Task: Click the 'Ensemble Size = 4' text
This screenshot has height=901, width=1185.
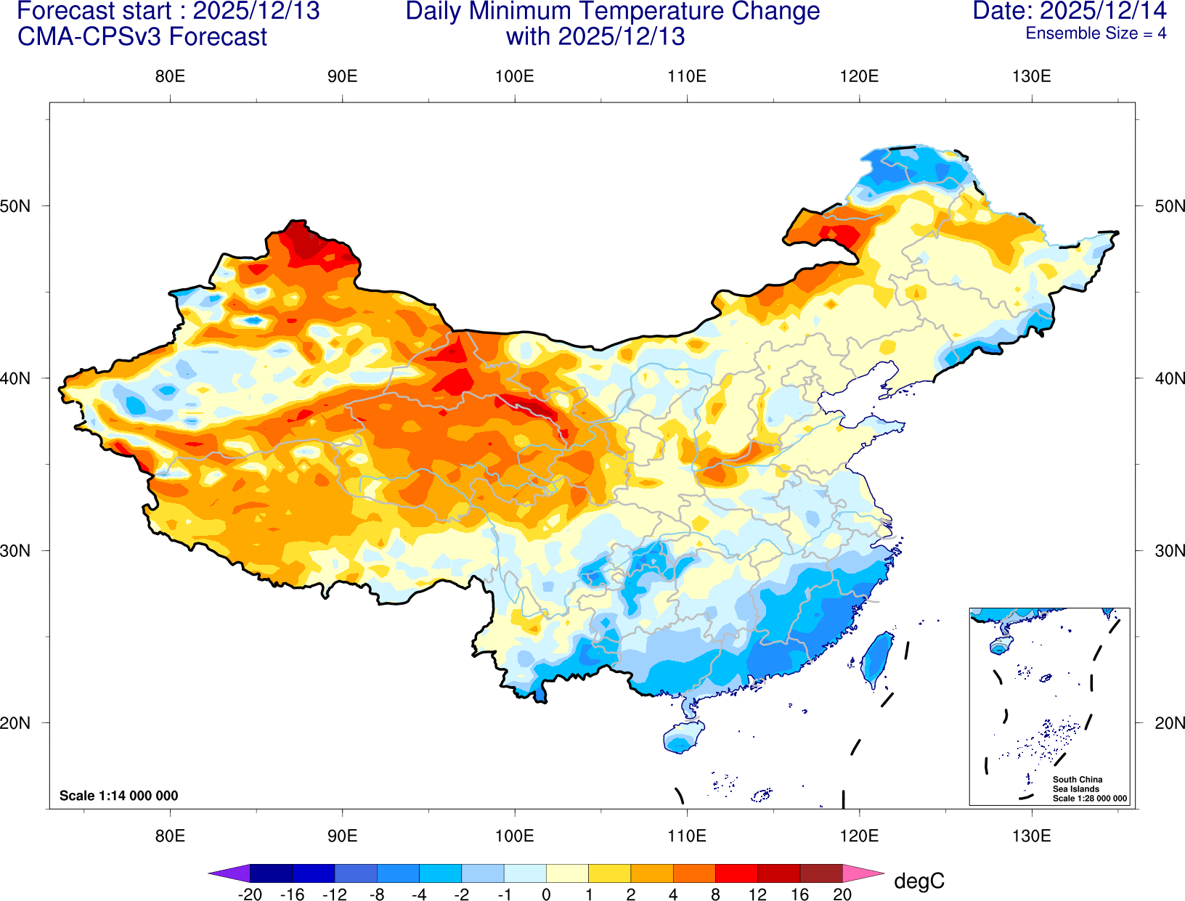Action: tap(1095, 33)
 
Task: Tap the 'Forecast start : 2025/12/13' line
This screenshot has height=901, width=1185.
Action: tap(168, 11)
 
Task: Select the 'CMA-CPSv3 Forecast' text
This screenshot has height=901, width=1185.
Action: tap(142, 36)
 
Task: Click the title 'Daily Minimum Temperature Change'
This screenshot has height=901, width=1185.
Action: tap(612, 11)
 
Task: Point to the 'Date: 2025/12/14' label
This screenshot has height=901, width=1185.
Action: tap(1069, 11)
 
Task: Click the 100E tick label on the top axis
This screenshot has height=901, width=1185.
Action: tap(514, 76)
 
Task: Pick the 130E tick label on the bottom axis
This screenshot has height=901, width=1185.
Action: tap(1031, 836)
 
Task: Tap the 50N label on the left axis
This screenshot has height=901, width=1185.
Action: tap(16, 206)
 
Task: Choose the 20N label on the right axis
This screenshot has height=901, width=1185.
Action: tap(1169, 723)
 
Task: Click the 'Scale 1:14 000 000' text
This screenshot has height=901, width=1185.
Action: tap(118, 796)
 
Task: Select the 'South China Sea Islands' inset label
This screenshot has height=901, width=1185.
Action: tap(1077, 784)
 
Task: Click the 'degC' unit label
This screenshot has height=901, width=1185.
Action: tap(919, 881)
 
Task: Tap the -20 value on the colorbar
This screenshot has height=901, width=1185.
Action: tap(250, 894)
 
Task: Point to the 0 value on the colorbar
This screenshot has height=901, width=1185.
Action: tap(546, 894)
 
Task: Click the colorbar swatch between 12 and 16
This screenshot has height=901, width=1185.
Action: tap(778, 873)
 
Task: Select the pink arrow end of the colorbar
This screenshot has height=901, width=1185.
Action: tap(862, 873)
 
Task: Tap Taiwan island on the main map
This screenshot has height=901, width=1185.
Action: tap(877, 659)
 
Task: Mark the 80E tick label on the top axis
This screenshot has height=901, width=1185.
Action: tap(170, 76)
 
